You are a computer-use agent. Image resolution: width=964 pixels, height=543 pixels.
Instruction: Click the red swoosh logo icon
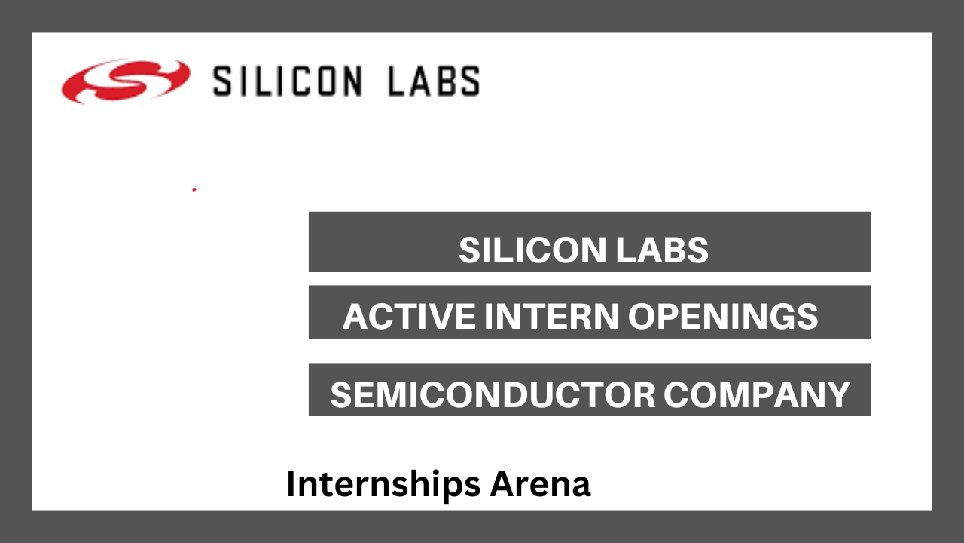point(126,81)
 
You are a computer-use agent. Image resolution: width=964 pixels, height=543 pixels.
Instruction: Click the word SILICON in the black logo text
point(288,81)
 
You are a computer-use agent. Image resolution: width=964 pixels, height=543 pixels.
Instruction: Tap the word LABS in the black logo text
point(434,81)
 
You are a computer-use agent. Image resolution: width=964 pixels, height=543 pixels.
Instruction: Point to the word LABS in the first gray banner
point(662,250)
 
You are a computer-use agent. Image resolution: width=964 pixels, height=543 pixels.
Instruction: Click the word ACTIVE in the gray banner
point(409,316)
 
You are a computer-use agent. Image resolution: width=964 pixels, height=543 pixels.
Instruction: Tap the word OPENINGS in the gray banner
point(723,316)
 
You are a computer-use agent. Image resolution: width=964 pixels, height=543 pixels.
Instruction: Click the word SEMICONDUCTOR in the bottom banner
point(493,394)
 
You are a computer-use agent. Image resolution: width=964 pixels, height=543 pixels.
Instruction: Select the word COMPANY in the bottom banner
point(757,394)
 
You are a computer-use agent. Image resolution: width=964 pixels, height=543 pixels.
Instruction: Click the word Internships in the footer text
point(383,485)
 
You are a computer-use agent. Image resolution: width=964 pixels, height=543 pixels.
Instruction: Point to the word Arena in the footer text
point(540,484)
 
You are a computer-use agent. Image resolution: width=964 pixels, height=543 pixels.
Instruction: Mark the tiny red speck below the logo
point(194,189)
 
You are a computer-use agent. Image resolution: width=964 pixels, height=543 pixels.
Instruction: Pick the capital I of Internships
point(291,484)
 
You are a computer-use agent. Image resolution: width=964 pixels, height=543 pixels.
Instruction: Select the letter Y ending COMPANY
point(837,394)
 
